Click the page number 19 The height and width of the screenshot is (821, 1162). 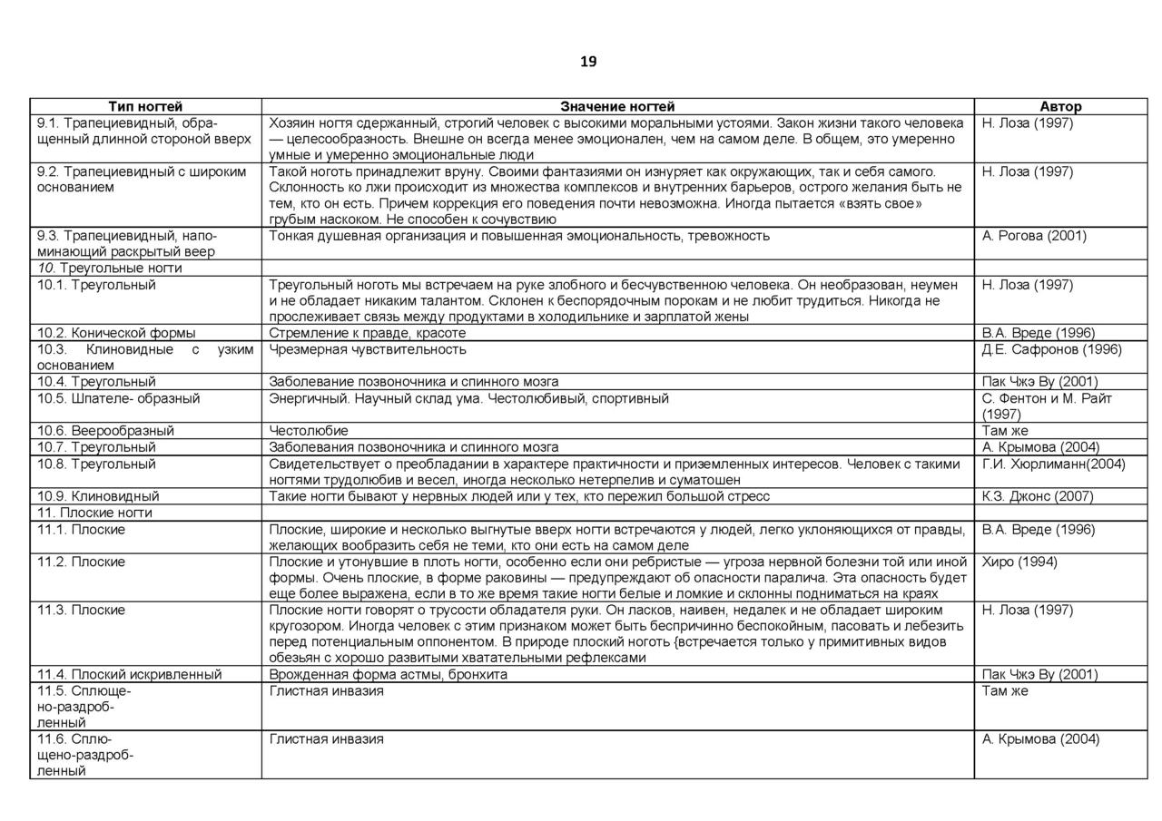(x=588, y=62)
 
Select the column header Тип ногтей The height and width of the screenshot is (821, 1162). (x=145, y=106)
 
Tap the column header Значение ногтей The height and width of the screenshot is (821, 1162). (x=617, y=106)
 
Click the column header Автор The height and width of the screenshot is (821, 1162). (x=1060, y=106)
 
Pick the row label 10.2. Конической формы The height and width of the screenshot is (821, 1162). (x=116, y=333)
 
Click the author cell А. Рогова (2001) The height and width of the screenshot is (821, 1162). (x=1034, y=236)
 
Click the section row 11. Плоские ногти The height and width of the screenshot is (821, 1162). (x=94, y=513)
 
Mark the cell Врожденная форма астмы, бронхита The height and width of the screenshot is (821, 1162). (x=389, y=674)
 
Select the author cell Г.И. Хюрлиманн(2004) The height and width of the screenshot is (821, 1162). (x=1054, y=464)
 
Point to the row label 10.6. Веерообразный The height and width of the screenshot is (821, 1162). (x=105, y=431)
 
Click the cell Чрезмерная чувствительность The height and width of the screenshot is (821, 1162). (x=368, y=349)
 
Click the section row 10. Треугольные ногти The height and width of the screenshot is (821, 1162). (x=110, y=269)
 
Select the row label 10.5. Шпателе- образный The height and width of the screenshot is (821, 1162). (x=118, y=398)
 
